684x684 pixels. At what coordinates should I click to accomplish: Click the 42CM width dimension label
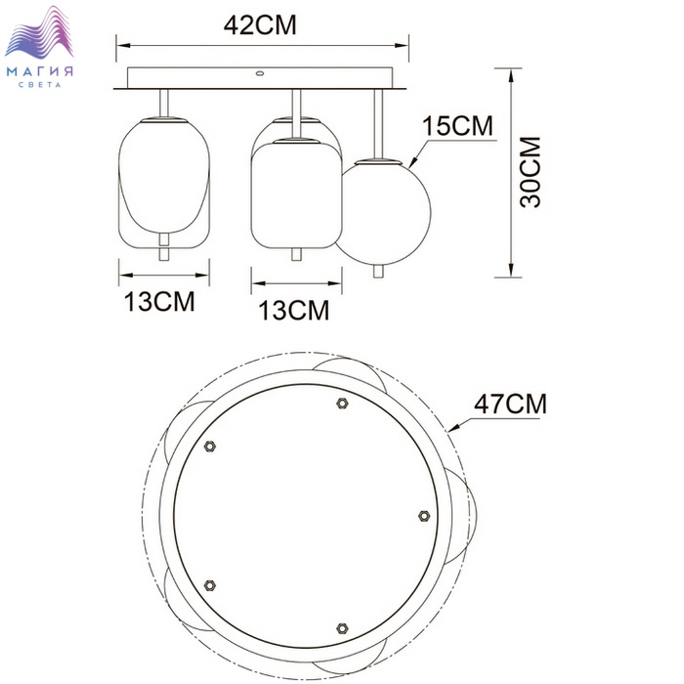point(260,25)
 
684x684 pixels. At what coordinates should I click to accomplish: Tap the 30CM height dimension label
point(531,172)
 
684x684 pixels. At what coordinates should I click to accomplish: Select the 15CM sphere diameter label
point(457,126)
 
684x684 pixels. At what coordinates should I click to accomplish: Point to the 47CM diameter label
point(510,404)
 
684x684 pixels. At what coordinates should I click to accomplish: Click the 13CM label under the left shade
point(159,301)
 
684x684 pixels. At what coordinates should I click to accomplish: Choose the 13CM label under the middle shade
point(293,311)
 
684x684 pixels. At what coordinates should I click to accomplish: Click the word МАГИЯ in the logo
point(40,71)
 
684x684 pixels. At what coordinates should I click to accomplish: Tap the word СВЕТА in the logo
point(40,85)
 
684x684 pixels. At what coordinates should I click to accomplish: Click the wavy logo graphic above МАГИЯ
point(39,32)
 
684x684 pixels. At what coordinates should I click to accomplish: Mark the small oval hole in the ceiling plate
point(260,73)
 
